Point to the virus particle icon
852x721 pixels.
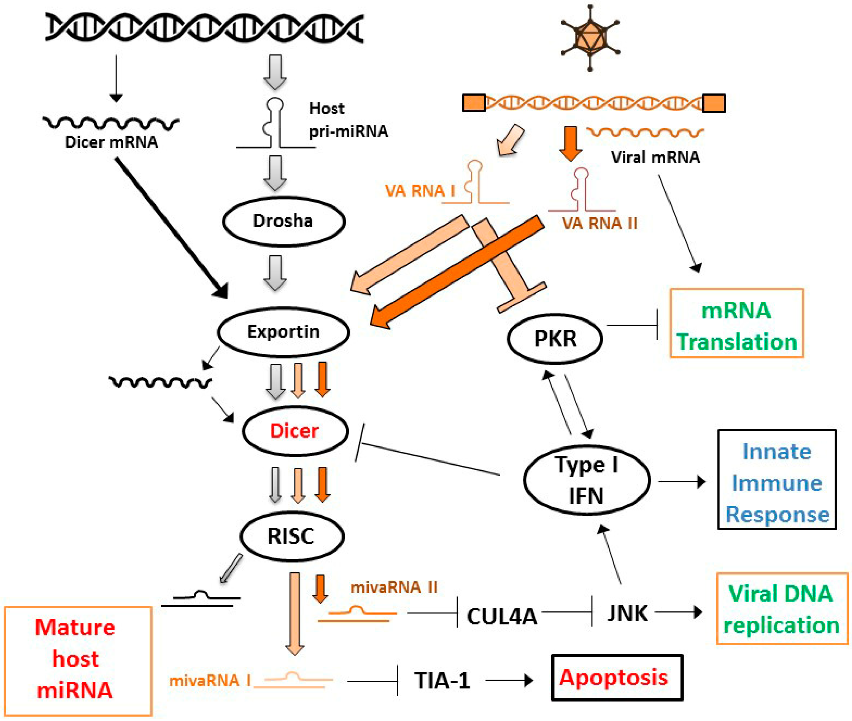[x=590, y=38]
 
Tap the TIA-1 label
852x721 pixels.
[x=442, y=680]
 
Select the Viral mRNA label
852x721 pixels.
[x=655, y=157]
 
